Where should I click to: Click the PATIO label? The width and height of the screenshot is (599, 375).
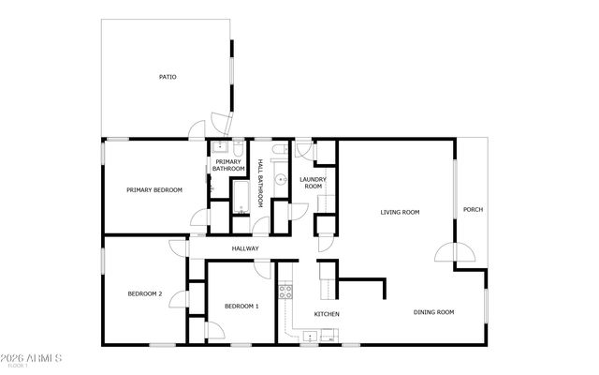[x=168, y=77]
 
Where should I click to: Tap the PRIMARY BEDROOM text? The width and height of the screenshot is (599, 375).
[x=154, y=190]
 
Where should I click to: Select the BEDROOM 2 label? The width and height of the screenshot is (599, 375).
[x=145, y=294]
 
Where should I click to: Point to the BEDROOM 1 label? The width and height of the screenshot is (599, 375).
[x=241, y=307]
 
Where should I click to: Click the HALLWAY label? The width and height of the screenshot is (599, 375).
[x=245, y=248]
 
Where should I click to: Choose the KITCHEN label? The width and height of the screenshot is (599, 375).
[x=327, y=313]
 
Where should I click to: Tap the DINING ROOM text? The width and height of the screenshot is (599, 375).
[x=434, y=312]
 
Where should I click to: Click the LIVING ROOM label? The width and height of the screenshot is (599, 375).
[x=400, y=212]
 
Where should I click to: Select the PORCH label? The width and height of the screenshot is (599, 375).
[x=474, y=209]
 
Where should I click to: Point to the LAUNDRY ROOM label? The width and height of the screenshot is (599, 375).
[x=312, y=183]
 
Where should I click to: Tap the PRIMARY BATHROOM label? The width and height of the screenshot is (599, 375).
[x=228, y=166]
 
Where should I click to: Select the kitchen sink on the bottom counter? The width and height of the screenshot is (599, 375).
[x=311, y=334]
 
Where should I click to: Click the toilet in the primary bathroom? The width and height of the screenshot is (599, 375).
[x=238, y=148]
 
